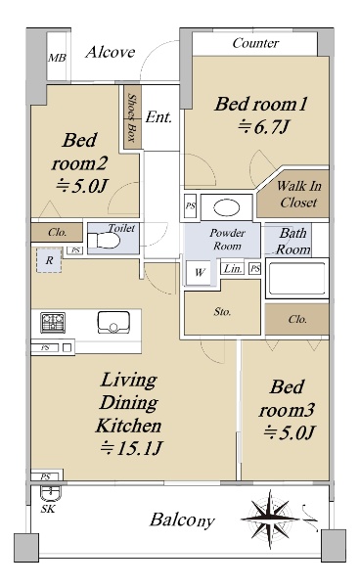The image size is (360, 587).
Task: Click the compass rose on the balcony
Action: pos(270,519)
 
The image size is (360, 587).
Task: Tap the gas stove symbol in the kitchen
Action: pos(53,322)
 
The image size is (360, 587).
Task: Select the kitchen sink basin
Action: pos(113,322)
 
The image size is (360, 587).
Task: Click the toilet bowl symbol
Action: pos(104,240)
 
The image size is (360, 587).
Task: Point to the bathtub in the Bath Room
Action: pos(297,278)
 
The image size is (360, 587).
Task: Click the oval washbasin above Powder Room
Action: pos(226,207)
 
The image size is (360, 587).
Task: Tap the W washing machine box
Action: pos(199,272)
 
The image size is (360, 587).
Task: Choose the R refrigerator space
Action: pos(49,260)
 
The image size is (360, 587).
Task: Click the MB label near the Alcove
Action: pos(57,58)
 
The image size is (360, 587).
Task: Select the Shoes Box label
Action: pos(131,117)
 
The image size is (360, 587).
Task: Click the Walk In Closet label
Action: pos(298,195)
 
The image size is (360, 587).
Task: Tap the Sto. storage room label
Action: pos(222,312)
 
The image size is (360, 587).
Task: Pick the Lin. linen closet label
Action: pos(233,268)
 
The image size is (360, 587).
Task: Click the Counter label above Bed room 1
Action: pos(255,43)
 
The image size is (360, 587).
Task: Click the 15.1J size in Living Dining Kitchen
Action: pos(131,448)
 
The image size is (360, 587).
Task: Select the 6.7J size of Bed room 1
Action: pos(264,126)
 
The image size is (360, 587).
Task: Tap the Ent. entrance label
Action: pos(158,117)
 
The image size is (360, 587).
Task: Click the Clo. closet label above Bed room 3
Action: pos(297,319)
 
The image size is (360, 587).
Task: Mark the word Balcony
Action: pos(182,520)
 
